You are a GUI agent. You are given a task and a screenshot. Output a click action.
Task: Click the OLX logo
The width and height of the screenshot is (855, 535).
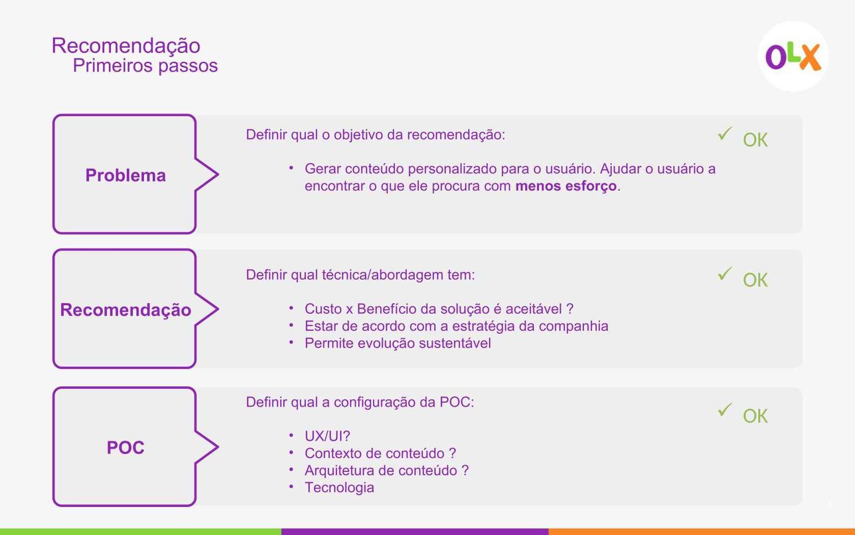[x=793, y=56]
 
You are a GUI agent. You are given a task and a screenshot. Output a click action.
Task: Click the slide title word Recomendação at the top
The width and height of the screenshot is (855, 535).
[x=126, y=46]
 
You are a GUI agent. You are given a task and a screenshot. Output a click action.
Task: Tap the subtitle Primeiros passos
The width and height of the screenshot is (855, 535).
[x=145, y=65]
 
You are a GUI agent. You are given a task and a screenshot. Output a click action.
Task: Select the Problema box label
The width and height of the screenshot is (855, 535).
[x=125, y=175]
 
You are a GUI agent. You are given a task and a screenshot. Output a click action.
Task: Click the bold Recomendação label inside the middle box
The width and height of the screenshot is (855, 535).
[x=125, y=310]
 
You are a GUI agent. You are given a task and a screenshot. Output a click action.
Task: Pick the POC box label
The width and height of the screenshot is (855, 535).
[x=125, y=447]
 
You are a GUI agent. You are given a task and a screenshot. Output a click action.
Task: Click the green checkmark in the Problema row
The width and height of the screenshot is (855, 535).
[x=724, y=134]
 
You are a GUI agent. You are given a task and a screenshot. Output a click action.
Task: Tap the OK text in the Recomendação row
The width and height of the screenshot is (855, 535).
[x=755, y=280]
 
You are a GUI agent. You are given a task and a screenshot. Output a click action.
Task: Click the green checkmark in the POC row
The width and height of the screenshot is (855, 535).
[x=724, y=409]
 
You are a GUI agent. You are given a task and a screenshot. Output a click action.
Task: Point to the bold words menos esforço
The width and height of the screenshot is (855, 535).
[x=566, y=186]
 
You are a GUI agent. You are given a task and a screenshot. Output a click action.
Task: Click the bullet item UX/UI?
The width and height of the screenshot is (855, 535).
[x=327, y=436]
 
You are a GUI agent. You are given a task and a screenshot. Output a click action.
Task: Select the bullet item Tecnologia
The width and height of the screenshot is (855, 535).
[x=339, y=488]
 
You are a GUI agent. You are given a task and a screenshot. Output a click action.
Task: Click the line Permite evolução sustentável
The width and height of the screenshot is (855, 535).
[x=398, y=343]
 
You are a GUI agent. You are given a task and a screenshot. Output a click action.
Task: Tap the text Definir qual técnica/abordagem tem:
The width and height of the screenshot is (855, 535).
[x=360, y=274]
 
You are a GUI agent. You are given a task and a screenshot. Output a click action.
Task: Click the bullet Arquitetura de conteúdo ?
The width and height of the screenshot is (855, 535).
[x=386, y=471]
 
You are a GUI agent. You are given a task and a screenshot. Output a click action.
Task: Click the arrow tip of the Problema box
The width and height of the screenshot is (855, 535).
[x=218, y=175]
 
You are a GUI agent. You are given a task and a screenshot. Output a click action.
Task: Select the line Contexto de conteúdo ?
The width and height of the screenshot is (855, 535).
[x=380, y=453]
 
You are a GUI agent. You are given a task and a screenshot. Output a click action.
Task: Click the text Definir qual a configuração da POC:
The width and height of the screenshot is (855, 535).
[x=360, y=402]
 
